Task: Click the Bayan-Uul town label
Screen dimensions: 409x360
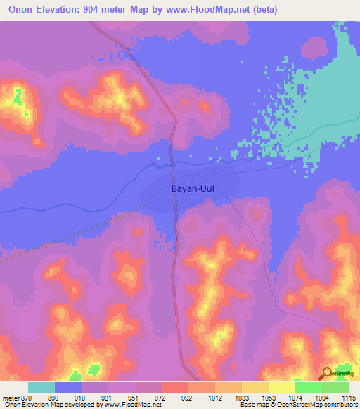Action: (x=192, y=188)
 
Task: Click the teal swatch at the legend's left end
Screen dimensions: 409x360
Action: (x=41, y=387)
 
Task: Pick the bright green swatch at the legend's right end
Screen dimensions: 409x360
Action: (x=335, y=387)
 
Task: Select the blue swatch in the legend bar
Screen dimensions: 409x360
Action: (x=68, y=387)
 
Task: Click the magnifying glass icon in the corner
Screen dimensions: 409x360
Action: (x=328, y=373)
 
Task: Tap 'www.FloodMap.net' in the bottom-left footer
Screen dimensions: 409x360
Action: (x=134, y=405)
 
